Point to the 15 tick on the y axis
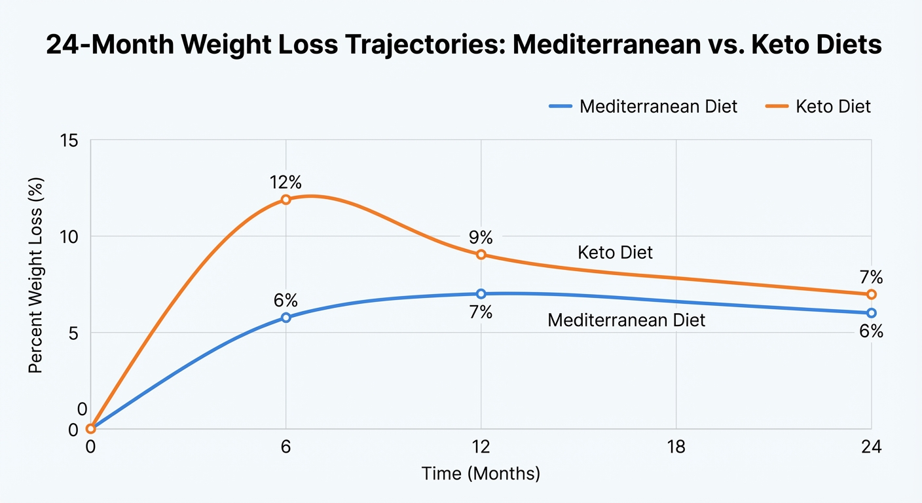(x=69, y=141)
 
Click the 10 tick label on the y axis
(x=69, y=236)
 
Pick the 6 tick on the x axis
(x=286, y=448)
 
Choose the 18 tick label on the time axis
(x=676, y=448)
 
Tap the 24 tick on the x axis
(x=871, y=448)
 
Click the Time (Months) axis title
(x=481, y=474)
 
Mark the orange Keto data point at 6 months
(x=286, y=199)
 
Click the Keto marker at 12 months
(x=481, y=254)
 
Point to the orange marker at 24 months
(x=871, y=294)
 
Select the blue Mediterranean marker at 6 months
(x=286, y=317)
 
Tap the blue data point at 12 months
(x=481, y=293)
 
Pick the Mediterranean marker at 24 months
(x=871, y=312)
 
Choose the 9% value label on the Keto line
(x=481, y=238)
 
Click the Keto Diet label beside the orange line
(x=615, y=252)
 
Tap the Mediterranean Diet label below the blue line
(x=626, y=320)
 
